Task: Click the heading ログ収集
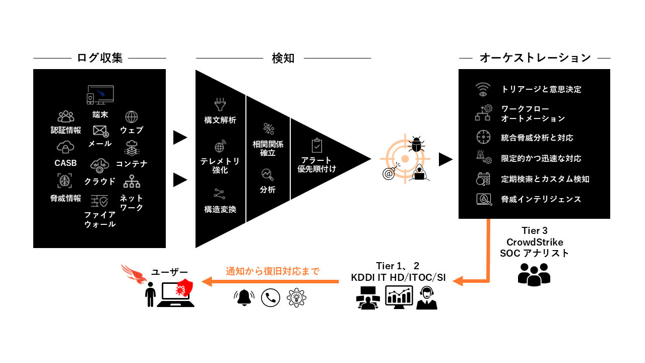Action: (100, 58)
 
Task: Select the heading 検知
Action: (283, 58)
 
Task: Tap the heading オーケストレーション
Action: (535, 58)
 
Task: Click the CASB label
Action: (66, 163)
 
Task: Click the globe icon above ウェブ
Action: (132, 117)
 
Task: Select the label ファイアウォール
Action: (100, 219)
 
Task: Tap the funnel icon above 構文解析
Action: (220, 105)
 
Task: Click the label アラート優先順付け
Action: (316, 164)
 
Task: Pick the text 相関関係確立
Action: (268, 148)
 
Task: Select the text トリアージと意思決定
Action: (541, 89)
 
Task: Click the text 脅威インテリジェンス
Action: (541, 199)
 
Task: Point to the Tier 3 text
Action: (534, 230)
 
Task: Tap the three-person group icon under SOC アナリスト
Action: (534, 274)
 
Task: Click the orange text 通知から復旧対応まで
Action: (273, 271)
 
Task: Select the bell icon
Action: (244, 297)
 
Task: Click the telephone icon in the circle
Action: (271, 297)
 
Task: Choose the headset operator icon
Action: (427, 297)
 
